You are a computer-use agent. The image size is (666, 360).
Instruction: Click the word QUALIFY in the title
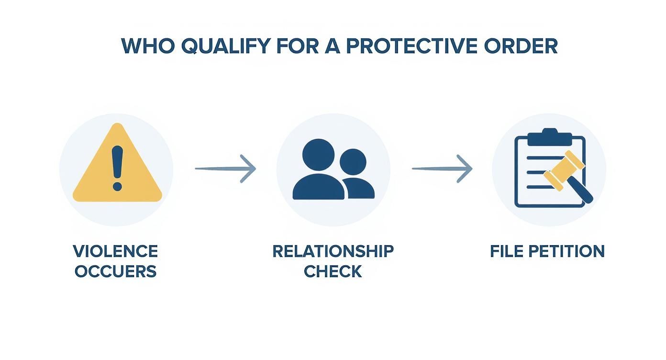pos(225,46)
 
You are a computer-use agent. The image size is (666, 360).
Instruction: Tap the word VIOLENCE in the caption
pos(115,251)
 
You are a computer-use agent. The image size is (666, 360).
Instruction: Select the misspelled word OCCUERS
pos(115,272)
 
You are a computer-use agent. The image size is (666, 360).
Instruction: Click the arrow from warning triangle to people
pos(225,169)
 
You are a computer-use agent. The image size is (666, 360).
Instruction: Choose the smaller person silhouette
pos(356,175)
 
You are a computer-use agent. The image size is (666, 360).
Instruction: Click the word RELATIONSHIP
pos(333,251)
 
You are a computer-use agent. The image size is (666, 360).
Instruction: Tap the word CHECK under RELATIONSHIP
pos(333,272)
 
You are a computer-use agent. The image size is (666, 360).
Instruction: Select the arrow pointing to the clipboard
pos(442,169)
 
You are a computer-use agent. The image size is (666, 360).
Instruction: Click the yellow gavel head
pos(564,170)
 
